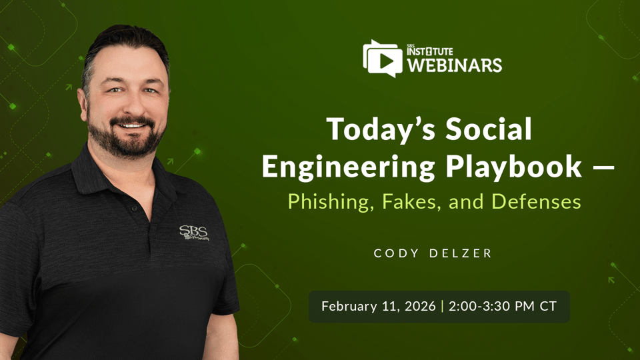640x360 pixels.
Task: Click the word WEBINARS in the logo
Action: tap(455, 65)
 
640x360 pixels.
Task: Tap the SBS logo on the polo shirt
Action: tap(194, 233)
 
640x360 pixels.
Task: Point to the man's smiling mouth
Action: tap(131, 125)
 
